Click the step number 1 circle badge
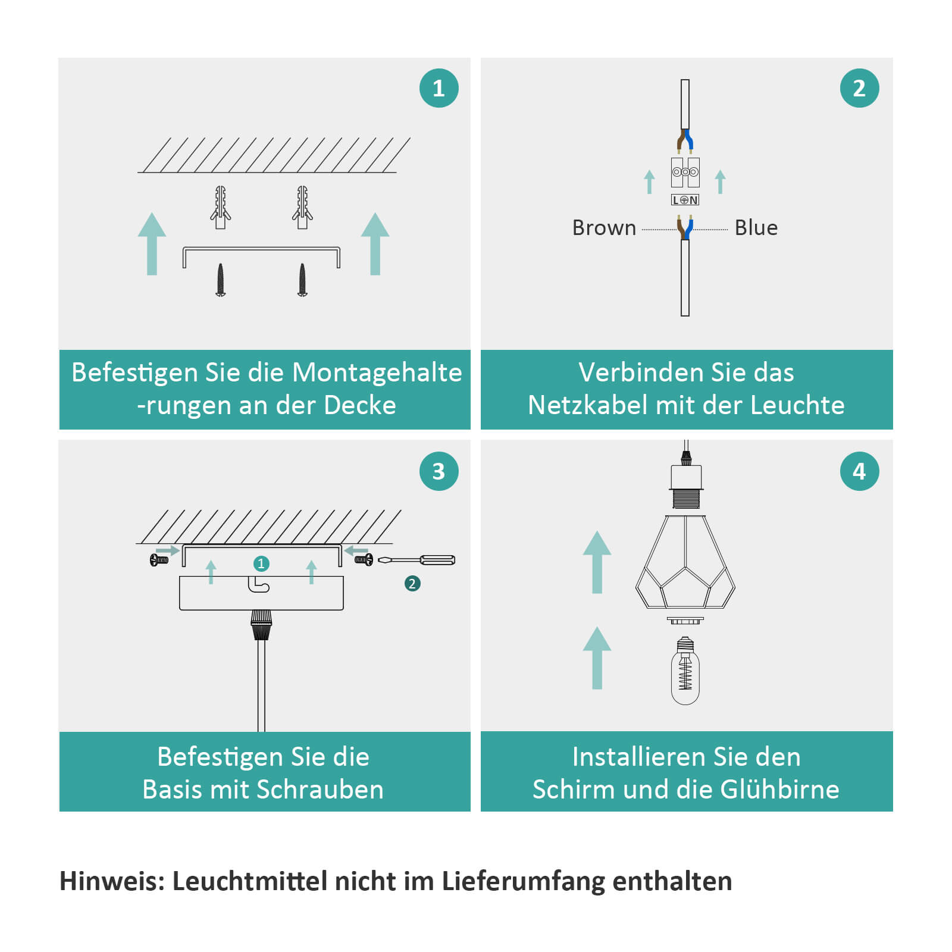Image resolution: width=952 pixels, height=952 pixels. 439,88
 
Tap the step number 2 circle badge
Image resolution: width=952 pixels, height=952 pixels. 859,88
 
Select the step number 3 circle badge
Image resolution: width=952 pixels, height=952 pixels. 439,471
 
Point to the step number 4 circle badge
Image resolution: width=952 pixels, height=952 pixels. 859,471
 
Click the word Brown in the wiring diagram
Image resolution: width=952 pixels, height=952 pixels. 604,228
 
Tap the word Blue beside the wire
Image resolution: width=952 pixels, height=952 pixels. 756,228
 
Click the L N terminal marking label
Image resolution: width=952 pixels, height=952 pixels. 685,200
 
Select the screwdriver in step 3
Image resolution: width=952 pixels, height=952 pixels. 416,560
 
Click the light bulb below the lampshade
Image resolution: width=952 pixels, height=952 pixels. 685,671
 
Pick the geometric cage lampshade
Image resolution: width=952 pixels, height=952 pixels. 685,562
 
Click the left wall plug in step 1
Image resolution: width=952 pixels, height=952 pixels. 220,207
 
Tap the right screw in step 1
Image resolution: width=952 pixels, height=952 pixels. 302,280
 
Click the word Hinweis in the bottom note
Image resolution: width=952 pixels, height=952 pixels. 112,881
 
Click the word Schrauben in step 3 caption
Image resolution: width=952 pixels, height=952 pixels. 323,790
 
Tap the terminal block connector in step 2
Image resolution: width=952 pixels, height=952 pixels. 685,173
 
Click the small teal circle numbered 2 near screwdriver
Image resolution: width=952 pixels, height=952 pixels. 412,584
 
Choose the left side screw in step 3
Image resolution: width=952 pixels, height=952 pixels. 159,560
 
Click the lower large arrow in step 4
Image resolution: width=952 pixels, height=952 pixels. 597,658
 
